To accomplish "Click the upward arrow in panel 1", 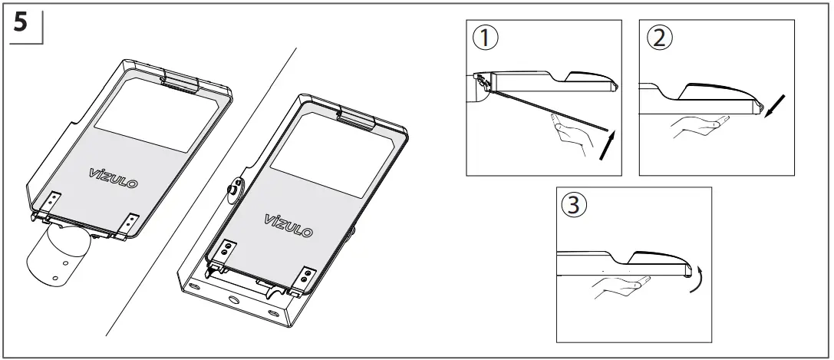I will pyautogui.click(x=606, y=146).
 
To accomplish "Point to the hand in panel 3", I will pyautogui.click(x=618, y=289).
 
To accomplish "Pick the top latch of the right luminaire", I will pyautogui.click(x=355, y=117).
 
